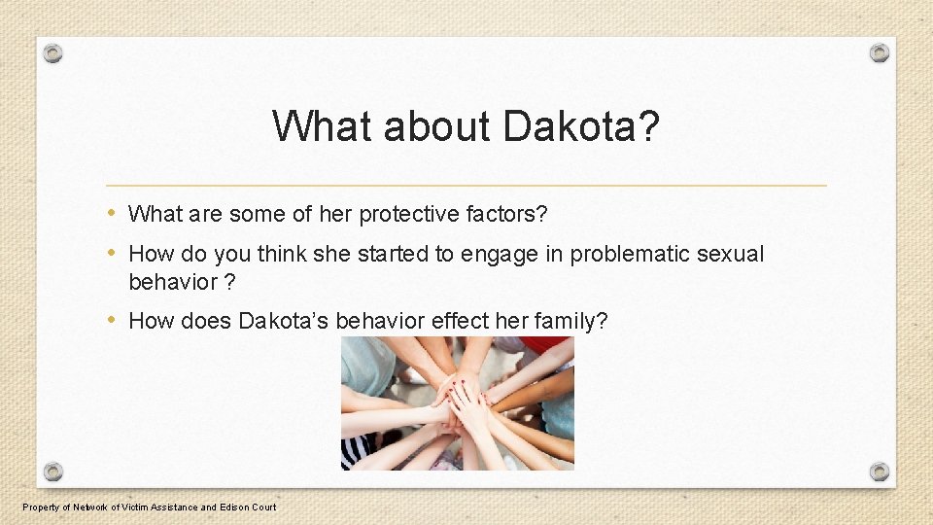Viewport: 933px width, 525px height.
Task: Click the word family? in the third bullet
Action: click(572, 321)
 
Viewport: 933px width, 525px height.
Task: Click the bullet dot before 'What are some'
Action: click(112, 213)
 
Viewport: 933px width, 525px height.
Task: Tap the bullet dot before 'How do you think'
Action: click(112, 254)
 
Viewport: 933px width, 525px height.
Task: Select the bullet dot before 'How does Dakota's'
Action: click(112, 320)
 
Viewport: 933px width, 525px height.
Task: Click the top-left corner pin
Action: click(53, 53)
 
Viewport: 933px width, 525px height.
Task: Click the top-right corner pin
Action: click(879, 53)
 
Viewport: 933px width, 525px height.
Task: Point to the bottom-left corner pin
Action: click(53, 472)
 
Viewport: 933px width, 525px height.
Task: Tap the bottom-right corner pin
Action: click(879, 472)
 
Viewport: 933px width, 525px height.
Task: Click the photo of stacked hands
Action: click(457, 403)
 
